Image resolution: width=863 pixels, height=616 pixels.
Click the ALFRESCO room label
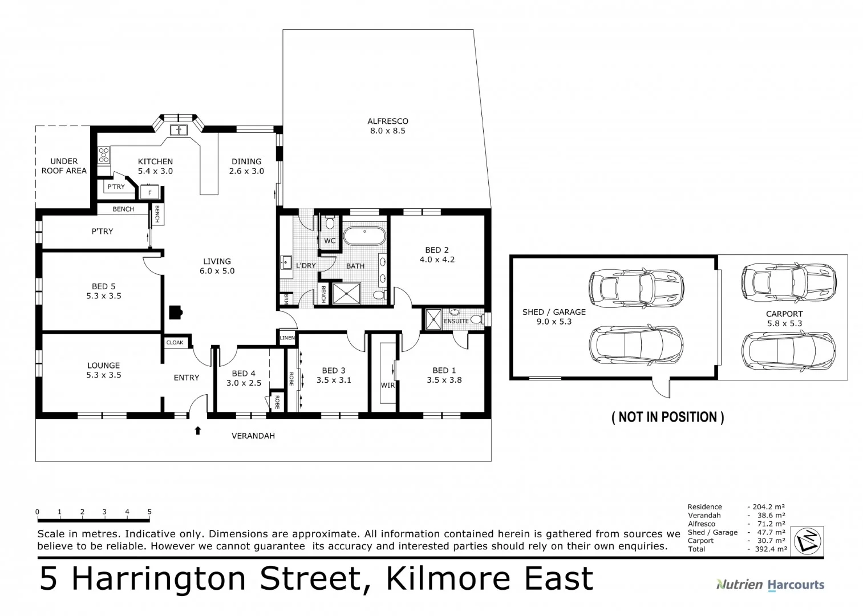point(387,121)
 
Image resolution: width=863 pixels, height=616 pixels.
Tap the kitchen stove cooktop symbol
point(104,155)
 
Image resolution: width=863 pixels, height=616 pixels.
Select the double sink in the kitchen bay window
point(179,130)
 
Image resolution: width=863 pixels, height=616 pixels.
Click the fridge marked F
point(150,193)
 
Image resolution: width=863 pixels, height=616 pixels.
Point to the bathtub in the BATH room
point(364,236)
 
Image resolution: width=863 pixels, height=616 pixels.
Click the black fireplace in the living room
point(175,312)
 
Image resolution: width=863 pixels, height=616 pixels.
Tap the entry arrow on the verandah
point(198,431)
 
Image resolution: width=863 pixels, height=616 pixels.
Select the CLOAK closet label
point(175,343)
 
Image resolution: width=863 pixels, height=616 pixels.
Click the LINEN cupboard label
point(287,338)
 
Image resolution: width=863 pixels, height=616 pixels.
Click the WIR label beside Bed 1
point(387,386)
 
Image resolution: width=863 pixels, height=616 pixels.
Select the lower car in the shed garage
point(635,345)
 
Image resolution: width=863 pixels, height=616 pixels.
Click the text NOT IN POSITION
point(667,418)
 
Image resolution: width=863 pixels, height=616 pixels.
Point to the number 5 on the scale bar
point(149,512)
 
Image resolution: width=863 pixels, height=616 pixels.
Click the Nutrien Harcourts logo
point(769,585)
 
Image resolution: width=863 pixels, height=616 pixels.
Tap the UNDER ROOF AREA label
point(64,166)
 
